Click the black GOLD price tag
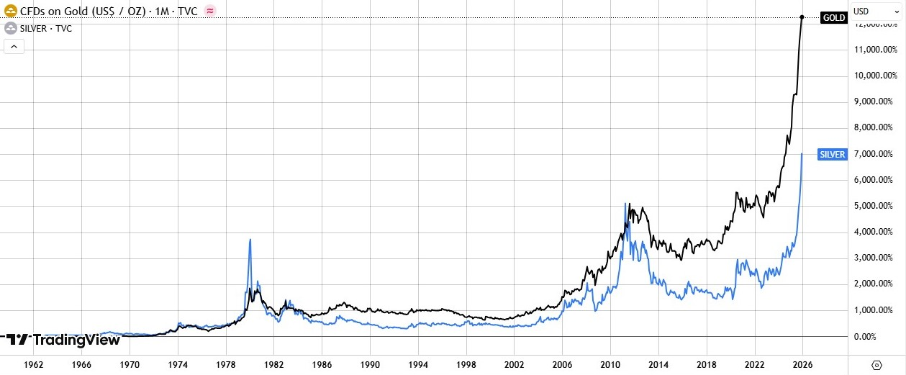coord(833,17)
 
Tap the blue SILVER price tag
coord(833,154)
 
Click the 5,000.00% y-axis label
coord(875,206)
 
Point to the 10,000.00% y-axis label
coord(875,76)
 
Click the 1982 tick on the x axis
coord(274,365)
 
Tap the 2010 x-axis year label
coord(610,365)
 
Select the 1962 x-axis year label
coord(34,365)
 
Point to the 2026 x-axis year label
coord(802,365)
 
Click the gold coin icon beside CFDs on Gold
coord(11,11)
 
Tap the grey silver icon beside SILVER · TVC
coord(11,28)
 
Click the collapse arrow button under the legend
coord(14,47)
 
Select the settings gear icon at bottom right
coord(876,365)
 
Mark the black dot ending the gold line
coord(802,17)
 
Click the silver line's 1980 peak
coord(250,240)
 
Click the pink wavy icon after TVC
coord(209,11)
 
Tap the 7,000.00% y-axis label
coord(875,154)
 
